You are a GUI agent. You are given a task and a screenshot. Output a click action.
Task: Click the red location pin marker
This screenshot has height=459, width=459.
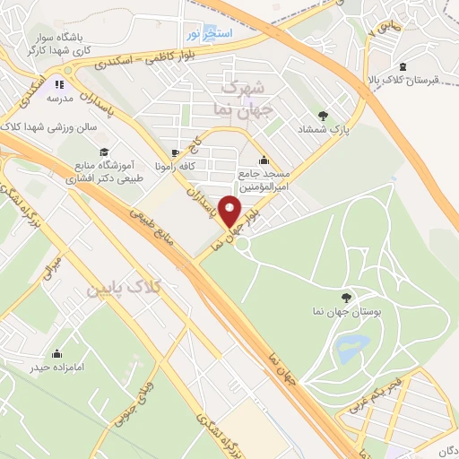tap(230, 212)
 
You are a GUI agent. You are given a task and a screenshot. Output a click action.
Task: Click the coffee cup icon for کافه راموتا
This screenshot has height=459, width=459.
tap(177, 152)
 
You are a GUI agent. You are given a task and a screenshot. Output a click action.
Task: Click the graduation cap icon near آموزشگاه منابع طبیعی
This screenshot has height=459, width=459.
tap(104, 152)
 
